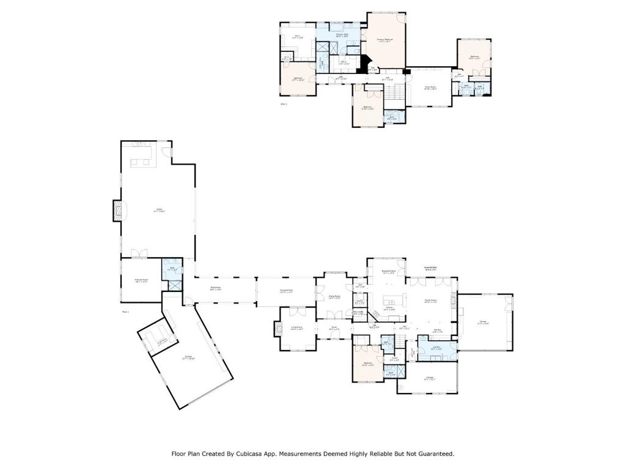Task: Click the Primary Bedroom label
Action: click(385, 40)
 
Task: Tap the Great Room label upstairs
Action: click(430, 88)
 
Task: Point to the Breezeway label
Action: click(215, 289)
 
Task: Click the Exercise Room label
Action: click(141, 280)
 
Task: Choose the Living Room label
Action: click(296, 328)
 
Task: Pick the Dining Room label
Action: click(334, 297)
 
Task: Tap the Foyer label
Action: click(334, 327)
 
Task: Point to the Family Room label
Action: click(430, 301)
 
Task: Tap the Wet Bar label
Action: click(437, 331)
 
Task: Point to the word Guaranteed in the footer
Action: click(432, 454)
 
